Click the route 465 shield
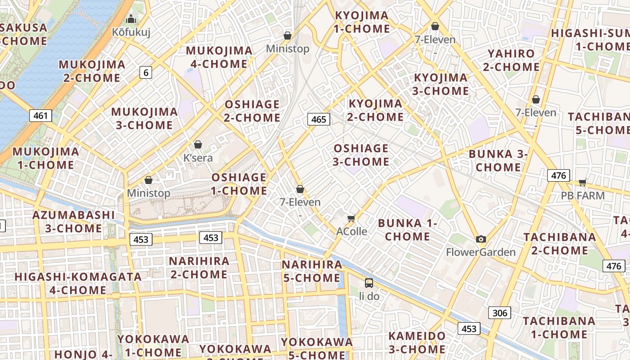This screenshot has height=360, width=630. coord(319,119)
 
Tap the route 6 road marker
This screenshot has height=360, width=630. coord(145,72)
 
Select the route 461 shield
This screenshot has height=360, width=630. coord(40,116)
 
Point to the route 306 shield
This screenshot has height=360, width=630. coord(499,313)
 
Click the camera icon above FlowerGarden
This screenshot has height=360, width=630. coord(481,239)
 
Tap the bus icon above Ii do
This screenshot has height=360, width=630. coord(369,283)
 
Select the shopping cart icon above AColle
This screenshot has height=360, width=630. coord(351,218)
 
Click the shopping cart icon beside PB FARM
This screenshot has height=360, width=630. coord(583,182)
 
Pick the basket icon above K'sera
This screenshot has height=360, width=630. coord(198,144)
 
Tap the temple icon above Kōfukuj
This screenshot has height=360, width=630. coord(131,19)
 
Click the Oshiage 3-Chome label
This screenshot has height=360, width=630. coord(361,155)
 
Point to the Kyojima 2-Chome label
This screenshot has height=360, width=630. coord(375,110)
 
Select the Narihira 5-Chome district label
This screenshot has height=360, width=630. coord(312,271)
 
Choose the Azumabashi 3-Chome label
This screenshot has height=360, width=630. coord(73,221)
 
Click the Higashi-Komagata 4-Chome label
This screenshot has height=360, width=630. coord(78,283)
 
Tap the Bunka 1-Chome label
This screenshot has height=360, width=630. coord(408,229)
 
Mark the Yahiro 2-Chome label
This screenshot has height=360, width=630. coord(511,60)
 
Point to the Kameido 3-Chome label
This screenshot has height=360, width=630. coord(417,342)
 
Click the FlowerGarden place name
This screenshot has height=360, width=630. coord(481,252)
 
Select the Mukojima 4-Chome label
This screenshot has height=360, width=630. coord(219,57)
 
